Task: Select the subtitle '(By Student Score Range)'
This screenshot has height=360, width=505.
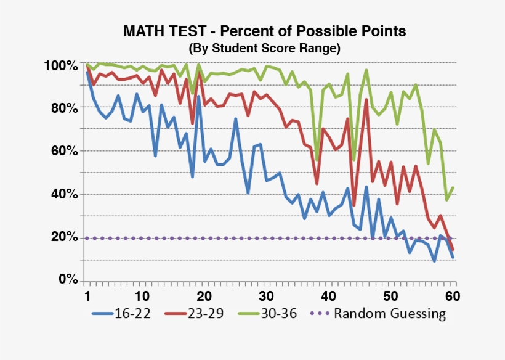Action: (x=264, y=47)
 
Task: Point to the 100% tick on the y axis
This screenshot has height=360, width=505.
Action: (x=60, y=65)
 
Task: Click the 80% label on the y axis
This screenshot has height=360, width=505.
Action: (x=63, y=108)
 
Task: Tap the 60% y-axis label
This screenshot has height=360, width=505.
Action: (x=63, y=151)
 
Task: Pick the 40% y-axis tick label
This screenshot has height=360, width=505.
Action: (x=63, y=194)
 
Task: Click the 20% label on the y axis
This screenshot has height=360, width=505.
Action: (x=63, y=237)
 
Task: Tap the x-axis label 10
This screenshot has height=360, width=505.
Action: (x=142, y=294)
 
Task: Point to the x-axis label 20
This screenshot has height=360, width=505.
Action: (x=204, y=294)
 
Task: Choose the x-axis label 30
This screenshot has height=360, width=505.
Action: (x=266, y=294)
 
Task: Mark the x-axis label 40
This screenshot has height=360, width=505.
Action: (x=328, y=294)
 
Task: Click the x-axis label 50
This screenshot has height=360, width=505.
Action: (x=390, y=294)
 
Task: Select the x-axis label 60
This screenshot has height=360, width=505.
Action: (x=452, y=294)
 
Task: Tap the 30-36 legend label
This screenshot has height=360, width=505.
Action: (x=280, y=313)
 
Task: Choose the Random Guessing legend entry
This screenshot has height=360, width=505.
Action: (x=390, y=313)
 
